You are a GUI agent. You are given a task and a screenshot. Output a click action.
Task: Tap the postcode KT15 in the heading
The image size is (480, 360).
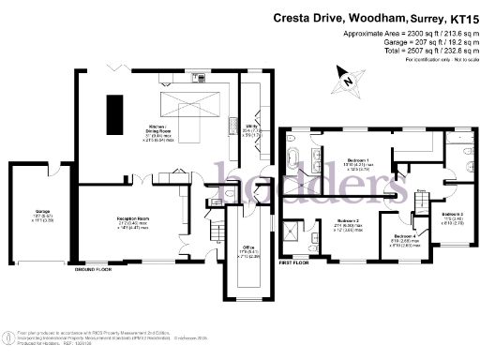click(x=457, y=18)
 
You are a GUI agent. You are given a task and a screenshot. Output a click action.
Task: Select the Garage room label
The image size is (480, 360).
click(x=44, y=214)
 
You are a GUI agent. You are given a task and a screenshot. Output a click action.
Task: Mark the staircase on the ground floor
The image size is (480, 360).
click(x=216, y=229)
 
